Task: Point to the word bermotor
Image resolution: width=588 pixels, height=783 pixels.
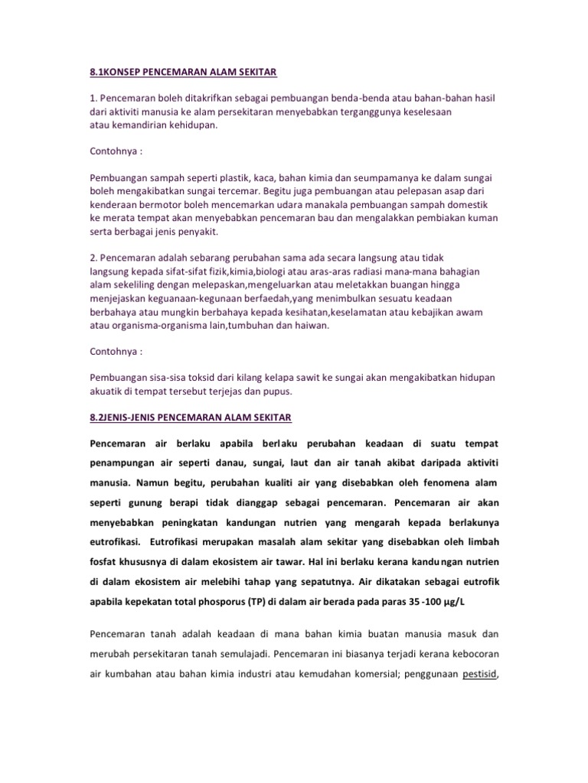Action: [162, 204]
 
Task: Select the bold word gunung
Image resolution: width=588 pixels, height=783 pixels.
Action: [145, 503]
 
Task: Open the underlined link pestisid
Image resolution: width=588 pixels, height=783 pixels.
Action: [480, 674]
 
